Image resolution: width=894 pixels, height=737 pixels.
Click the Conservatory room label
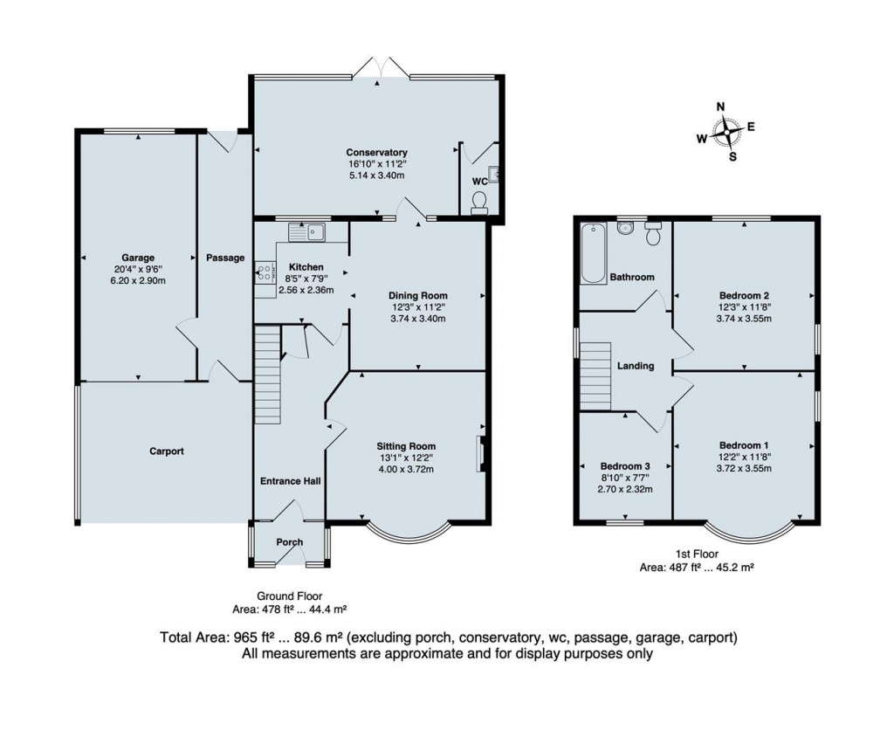coord(376,152)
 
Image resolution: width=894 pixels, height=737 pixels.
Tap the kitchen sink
coord(306,231)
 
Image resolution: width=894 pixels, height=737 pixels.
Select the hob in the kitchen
coord(265,272)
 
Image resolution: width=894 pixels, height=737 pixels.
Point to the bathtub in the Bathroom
coord(593,253)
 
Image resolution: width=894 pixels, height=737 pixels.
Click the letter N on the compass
coord(720,107)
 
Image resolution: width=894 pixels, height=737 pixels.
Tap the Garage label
coord(138,258)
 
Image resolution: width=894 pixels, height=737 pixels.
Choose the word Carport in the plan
coord(167,451)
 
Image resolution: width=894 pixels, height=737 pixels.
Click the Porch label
coord(290,542)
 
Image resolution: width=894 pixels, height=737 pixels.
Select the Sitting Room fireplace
coord(480,454)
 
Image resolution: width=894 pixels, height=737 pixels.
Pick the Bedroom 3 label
coord(625,466)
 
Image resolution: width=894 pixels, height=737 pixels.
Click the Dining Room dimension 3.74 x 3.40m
coord(418,319)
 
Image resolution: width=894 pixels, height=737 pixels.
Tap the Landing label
coord(636,366)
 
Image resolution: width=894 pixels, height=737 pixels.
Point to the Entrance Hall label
coord(290,481)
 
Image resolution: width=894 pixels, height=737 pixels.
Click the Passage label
coord(225,258)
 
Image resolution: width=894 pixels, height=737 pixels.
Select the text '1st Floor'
coord(697,554)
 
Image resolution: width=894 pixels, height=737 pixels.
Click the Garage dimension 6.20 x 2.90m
coord(138,280)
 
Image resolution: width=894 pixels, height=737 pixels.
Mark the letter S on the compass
coord(733,157)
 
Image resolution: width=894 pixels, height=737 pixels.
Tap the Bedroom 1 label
coord(744,445)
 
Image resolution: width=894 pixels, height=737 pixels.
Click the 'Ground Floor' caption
coord(289,596)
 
